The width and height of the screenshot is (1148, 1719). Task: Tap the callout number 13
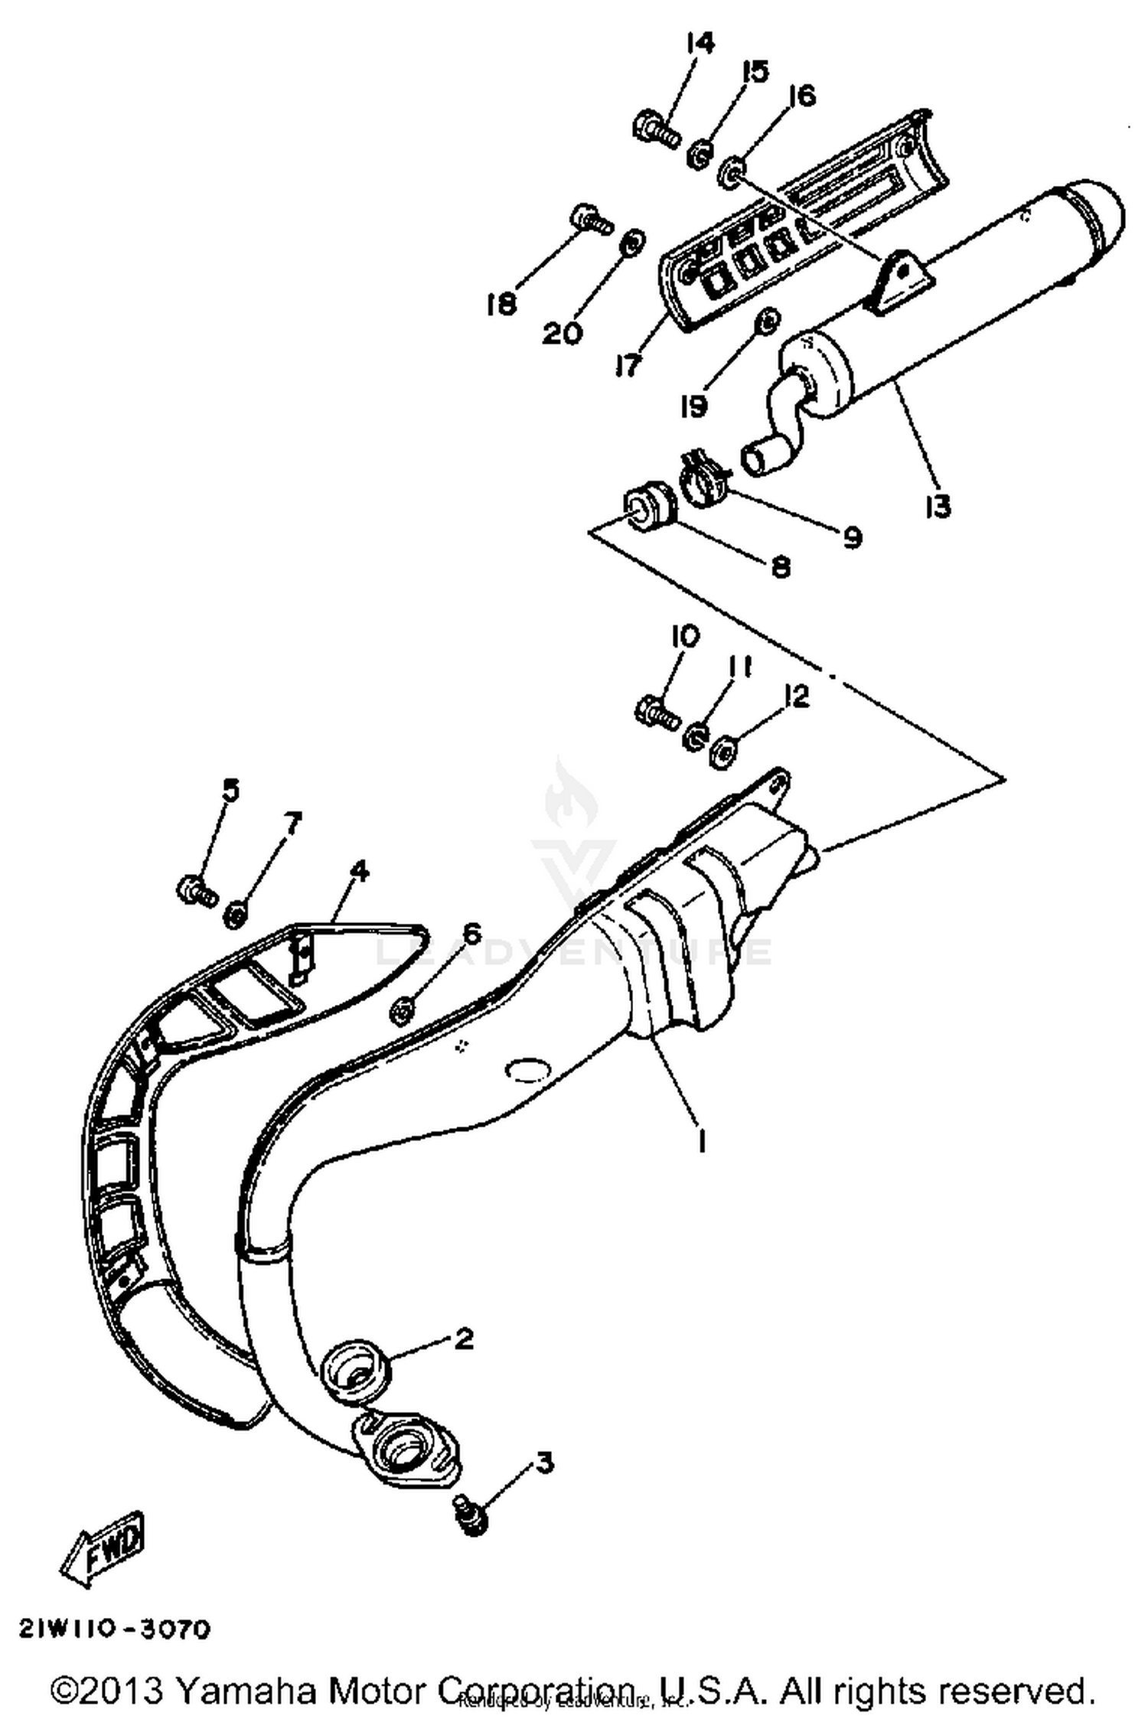coord(937,506)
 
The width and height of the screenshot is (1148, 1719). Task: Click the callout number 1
coord(700,1142)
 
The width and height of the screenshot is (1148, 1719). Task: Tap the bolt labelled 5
coord(196,890)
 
